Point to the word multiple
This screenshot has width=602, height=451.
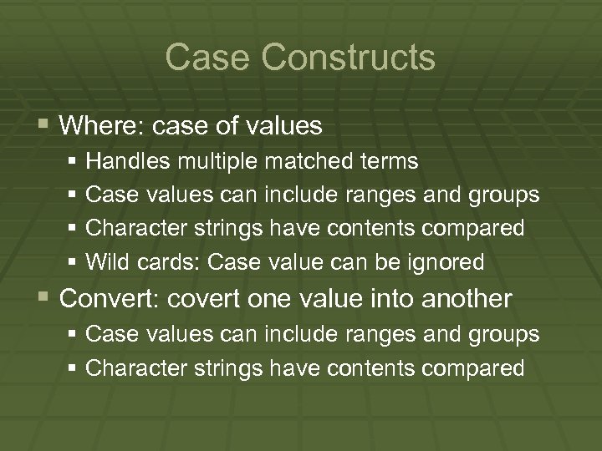pyautogui.click(x=199, y=160)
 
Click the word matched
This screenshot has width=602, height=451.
pyautogui.click(x=284, y=160)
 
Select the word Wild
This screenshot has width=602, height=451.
pyautogui.click(x=105, y=262)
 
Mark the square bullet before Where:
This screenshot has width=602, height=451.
pyautogui.click(x=44, y=127)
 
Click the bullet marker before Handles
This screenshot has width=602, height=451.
pyautogui.click(x=75, y=160)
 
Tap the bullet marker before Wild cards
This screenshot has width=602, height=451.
pyautogui.click(x=75, y=263)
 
